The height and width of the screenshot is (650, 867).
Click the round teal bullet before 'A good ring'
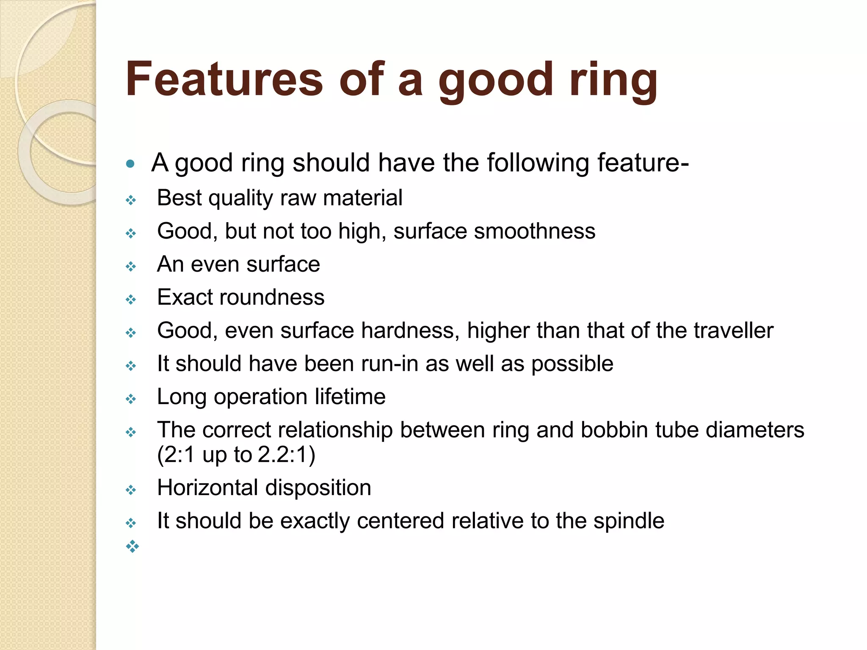point(130,163)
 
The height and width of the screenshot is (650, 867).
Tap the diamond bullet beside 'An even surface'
point(131,267)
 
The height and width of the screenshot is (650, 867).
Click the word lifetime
point(350,397)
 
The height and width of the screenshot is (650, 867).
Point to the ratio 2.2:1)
point(287,455)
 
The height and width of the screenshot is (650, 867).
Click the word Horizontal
point(207,487)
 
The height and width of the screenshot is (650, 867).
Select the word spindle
point(629,521)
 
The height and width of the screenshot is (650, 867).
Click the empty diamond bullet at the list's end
point(132,546)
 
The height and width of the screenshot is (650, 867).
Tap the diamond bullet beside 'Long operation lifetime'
point(131,399)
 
